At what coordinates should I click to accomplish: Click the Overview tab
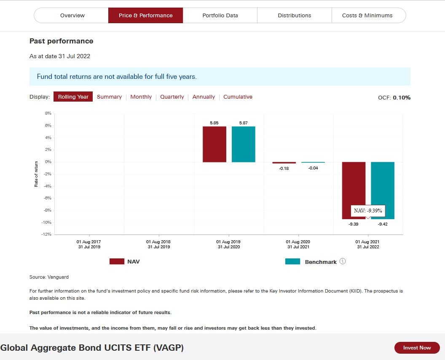click(x=72, y=16)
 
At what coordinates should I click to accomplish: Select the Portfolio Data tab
click(x=220, y=16)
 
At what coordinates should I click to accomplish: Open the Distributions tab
click(x=294, y=16)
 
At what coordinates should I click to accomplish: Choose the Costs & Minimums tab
click(x=367, y=16)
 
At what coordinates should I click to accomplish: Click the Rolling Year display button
click(x=73, y=97)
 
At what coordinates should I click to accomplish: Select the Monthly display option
click(x=141, y=97)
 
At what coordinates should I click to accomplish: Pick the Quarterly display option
click(x=172, y=97)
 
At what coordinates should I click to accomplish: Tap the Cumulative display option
click(x=238, y=97)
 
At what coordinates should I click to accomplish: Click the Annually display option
click(x=204, y=97)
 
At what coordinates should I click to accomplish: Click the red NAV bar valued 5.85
click(x=214, y=144)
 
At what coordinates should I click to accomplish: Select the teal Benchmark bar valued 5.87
click(x=244, y=144)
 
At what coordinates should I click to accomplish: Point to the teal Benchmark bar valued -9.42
click(x=383, y=190)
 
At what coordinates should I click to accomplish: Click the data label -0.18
click(x=284, y=169)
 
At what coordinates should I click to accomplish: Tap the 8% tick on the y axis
click(x=48, y=113)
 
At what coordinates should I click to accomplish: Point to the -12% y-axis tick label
click(x=46, y=234)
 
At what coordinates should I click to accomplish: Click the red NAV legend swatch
click(x=117, y=261)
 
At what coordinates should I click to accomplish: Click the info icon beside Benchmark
click(x=343, y=261)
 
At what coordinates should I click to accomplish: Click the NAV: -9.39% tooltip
click(x=368, y=211)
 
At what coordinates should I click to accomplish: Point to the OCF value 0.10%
click(x=402, y=98)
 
